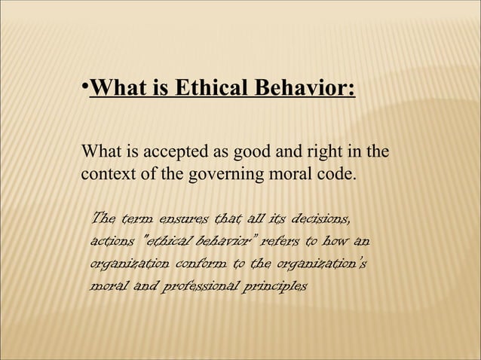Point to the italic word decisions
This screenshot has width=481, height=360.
click(320, 219)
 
